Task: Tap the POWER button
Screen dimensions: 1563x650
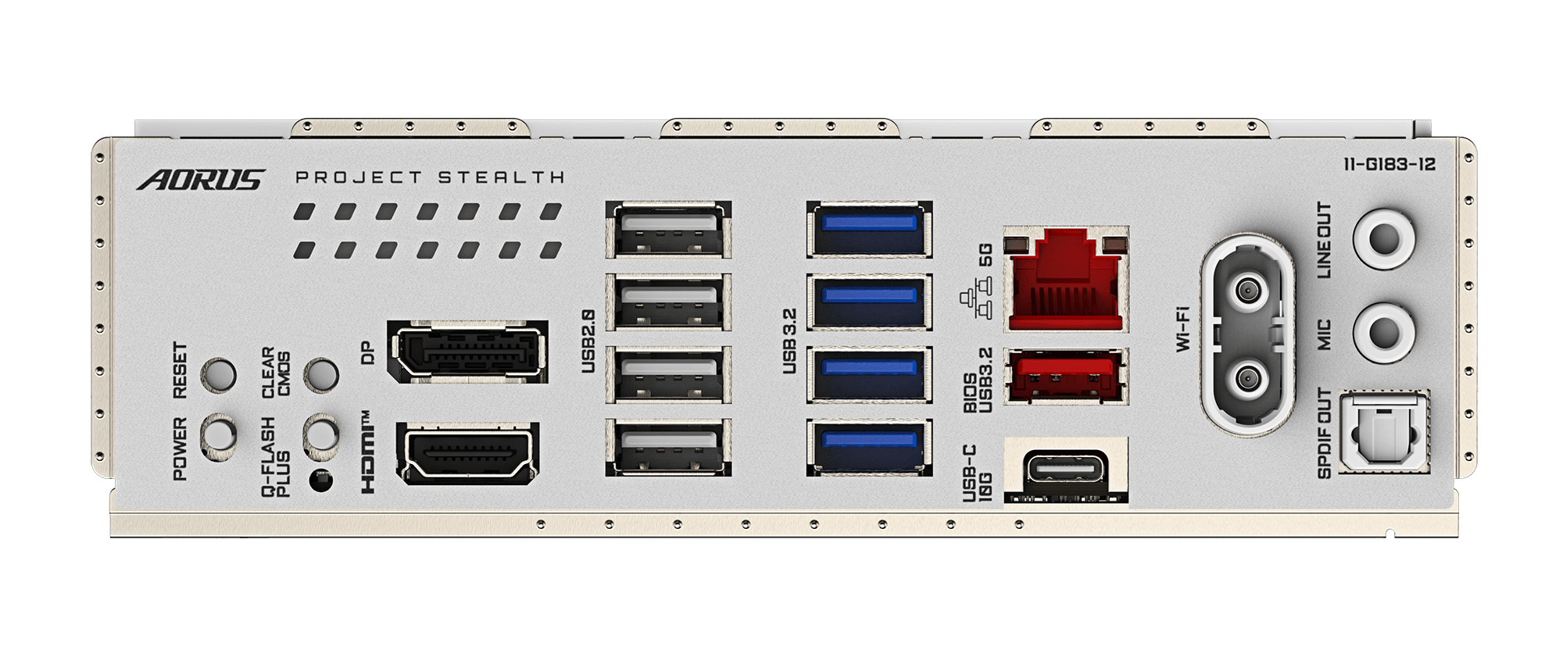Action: pyautogui.click(x=219, y=432)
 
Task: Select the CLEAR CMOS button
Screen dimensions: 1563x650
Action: pyautogui.click(x=320, y=375)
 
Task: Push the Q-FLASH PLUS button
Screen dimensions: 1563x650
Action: pyautogui.click(x=320, y=432)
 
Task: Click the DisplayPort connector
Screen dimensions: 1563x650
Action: pyautogui.click(x=467, y=353)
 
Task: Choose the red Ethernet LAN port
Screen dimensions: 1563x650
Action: pyautogui.click(x=1066, y=279)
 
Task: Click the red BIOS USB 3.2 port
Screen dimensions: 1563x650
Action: pyautogui.click(x=1066, y=377)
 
